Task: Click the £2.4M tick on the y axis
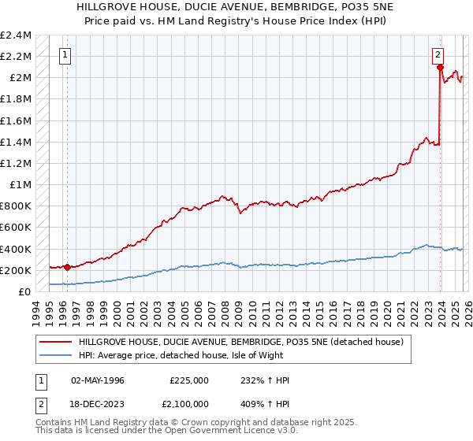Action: [16, 35]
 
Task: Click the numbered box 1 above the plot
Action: [65, 55]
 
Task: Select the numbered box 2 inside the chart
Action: [438, 55]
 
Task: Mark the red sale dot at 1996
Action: [68, 267]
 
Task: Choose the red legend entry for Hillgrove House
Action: [240, 341]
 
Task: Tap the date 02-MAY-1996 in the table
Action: [97, 380]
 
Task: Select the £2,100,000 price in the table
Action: [188, 402]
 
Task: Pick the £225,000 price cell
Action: [188, 380]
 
